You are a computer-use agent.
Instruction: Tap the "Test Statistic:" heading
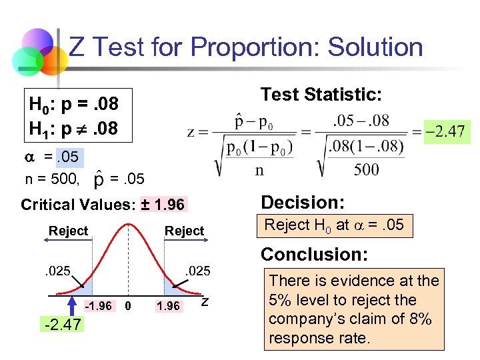point(321,95)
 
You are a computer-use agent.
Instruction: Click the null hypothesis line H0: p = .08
point(73,105)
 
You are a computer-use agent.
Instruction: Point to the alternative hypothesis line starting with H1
point(73,126)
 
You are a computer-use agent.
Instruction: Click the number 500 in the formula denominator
point(366,169)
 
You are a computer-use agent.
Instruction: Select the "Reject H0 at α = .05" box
point(334,225)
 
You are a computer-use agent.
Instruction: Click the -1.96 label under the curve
point(99,306)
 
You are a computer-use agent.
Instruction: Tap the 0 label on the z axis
point(129,306)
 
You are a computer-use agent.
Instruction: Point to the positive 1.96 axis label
point(167,306)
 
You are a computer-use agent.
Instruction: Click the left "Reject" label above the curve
point(68,231)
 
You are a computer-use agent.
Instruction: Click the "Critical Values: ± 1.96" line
point(103,204)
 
